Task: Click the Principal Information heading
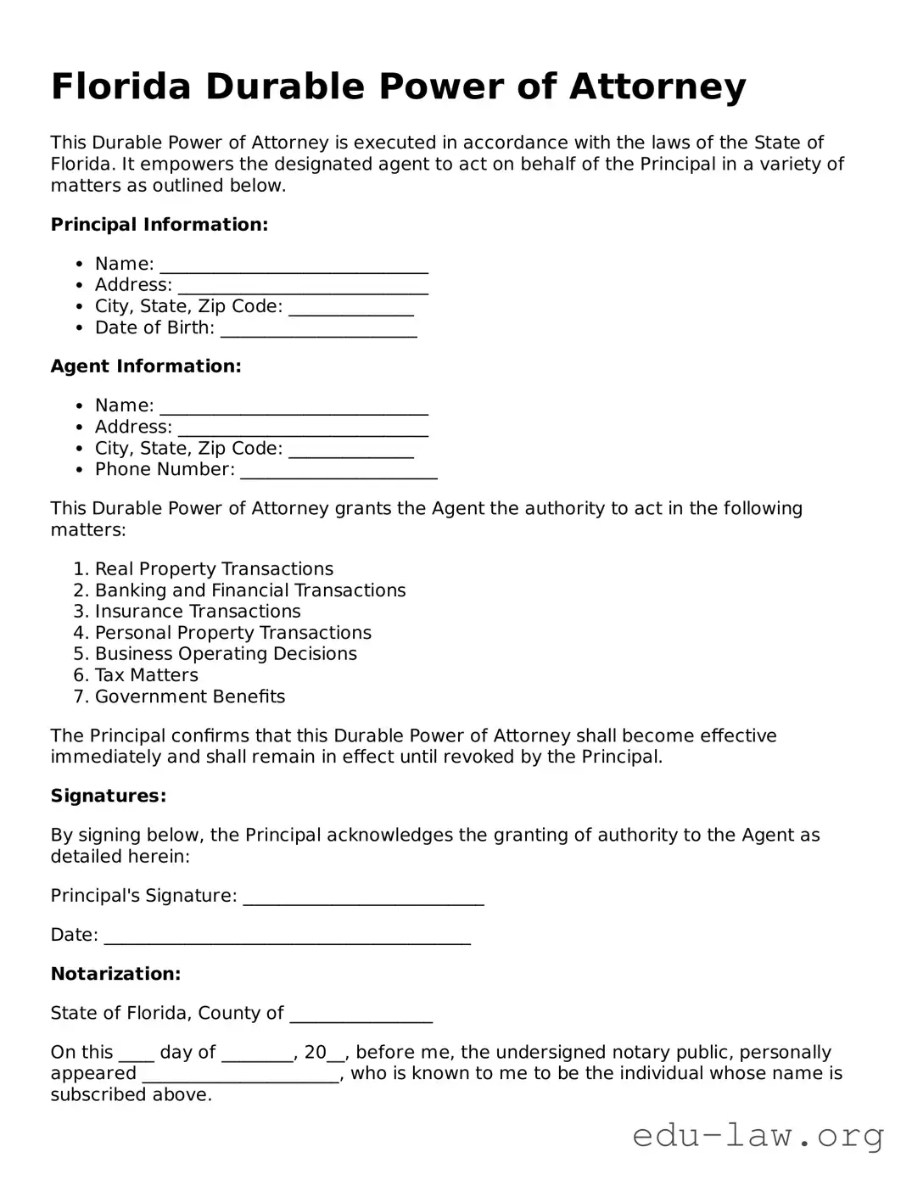159,225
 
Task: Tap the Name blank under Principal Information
294,266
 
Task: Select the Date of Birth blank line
318,330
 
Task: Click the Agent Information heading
146,366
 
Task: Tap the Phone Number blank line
339,472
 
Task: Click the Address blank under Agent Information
303,429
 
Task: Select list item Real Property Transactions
214,569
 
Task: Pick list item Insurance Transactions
198,612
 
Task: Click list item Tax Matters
146,675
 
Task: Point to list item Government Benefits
190,696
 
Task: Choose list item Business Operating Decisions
226,654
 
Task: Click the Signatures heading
108,796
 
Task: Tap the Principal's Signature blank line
363,898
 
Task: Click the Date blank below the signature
287,937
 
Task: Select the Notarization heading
115,974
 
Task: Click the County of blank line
361,1015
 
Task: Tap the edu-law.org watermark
758,1135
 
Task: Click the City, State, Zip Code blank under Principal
351,309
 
